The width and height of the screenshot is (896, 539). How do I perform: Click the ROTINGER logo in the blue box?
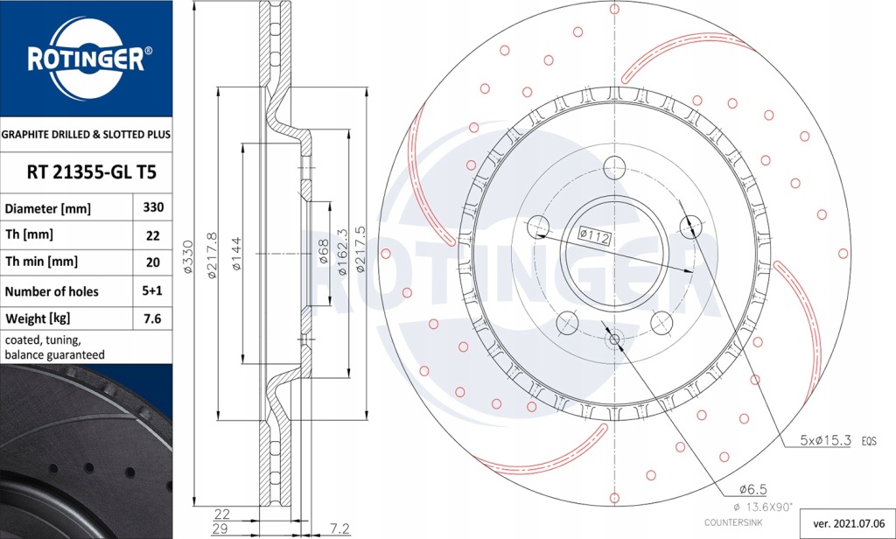coord(86,59)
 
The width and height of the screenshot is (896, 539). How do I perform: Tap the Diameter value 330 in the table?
coord(152,208)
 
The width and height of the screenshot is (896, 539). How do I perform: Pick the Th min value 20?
coord(152,261)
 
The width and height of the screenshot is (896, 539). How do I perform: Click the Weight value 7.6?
coord(152,318)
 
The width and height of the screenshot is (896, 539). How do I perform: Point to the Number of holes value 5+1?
coord(152,290)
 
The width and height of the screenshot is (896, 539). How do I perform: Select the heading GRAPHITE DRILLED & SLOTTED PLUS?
coord(86,135)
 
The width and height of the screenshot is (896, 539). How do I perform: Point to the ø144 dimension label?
coord(237,254)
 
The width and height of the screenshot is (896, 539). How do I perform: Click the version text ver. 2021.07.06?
coord(848,523)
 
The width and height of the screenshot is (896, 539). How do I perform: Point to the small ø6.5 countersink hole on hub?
coord(613,339)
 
